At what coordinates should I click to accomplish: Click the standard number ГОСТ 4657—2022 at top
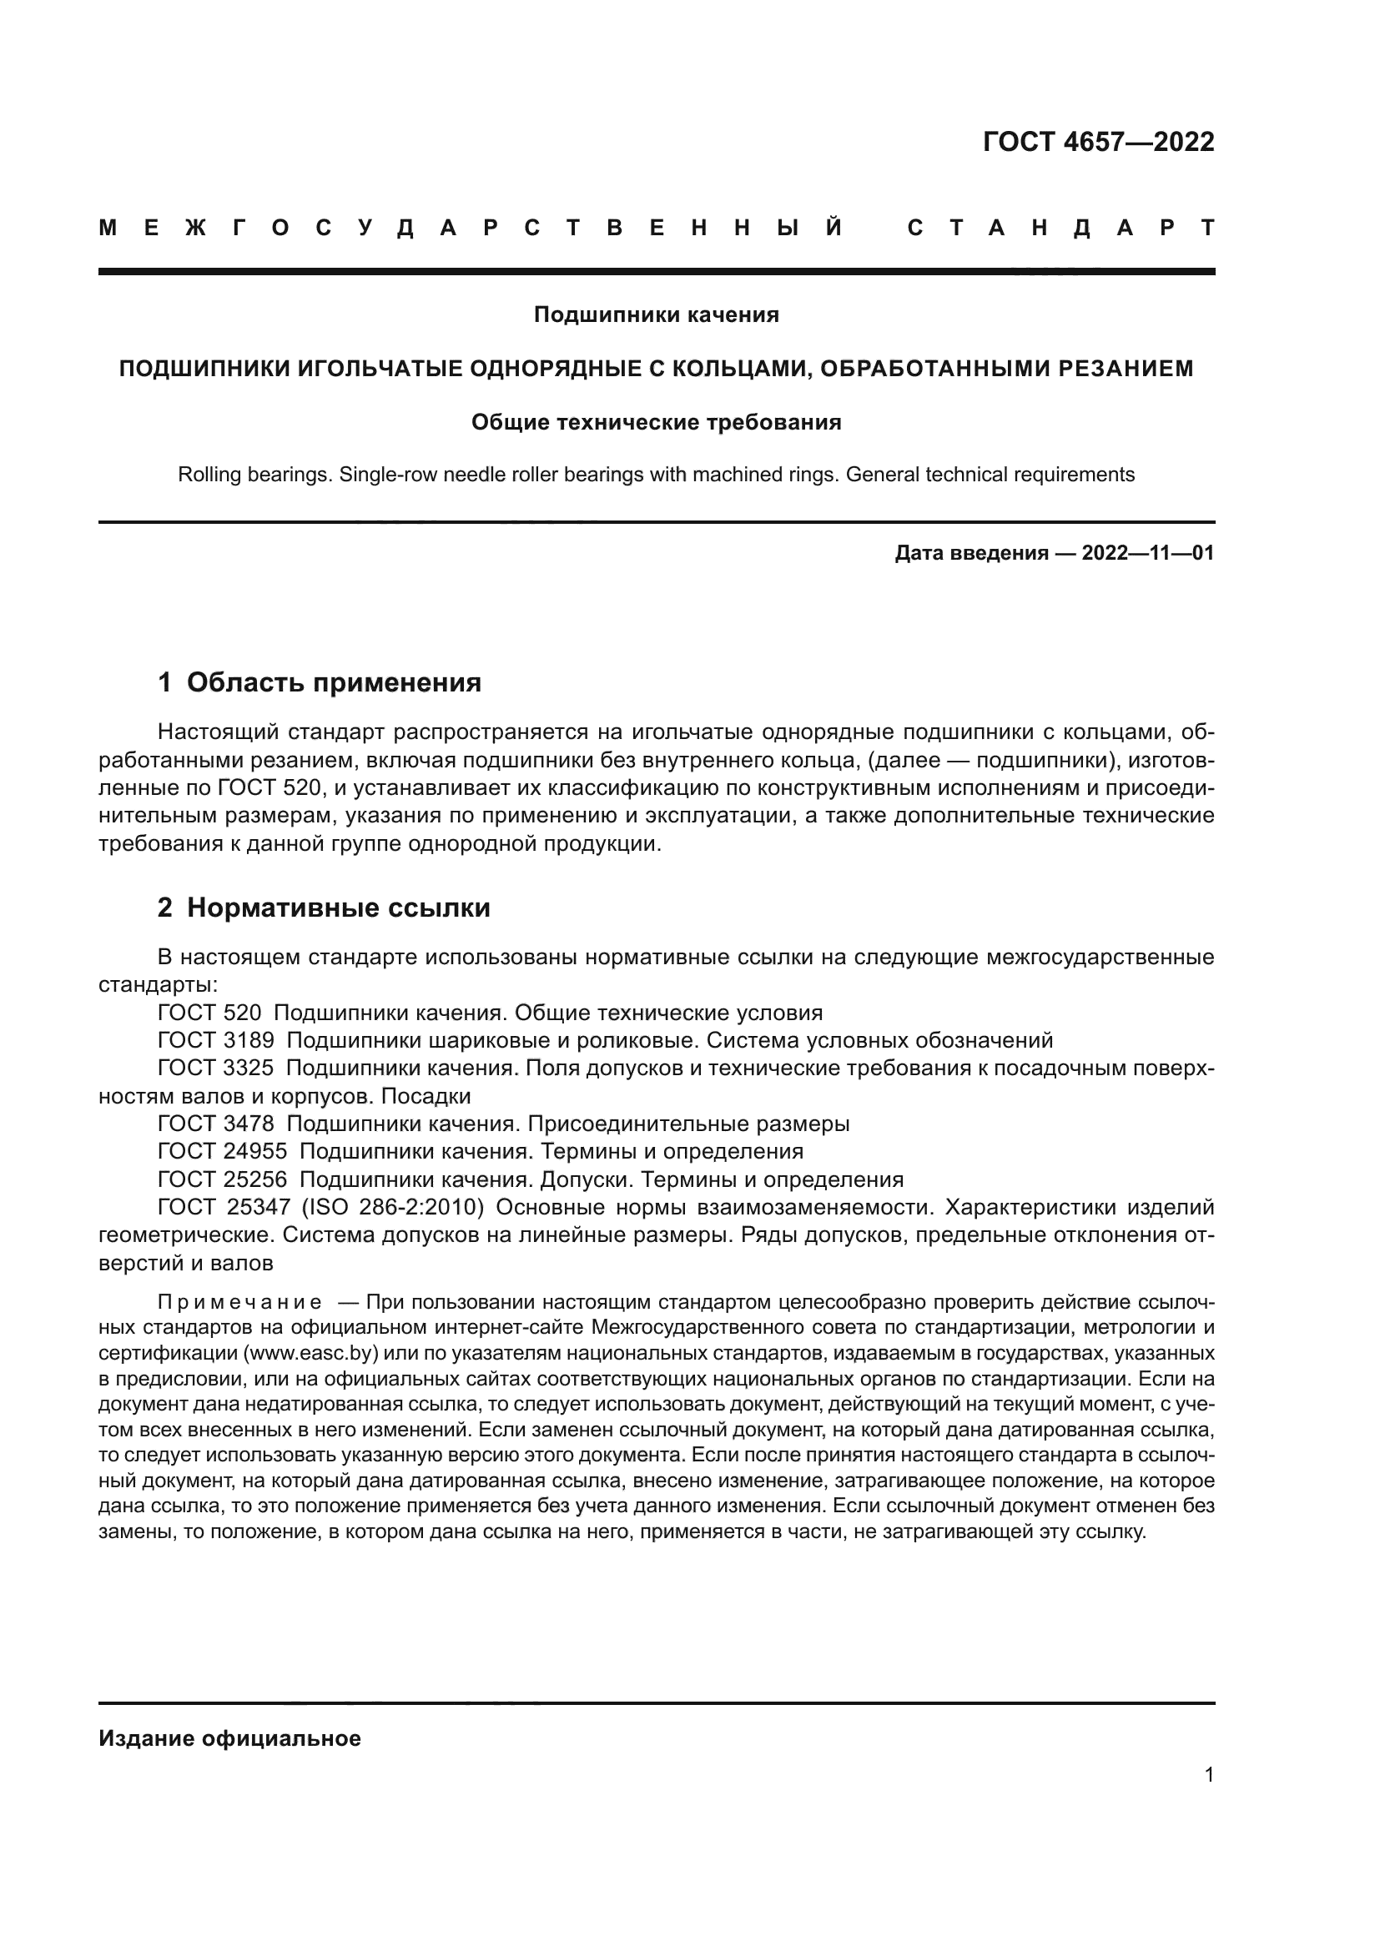click(1098, 142)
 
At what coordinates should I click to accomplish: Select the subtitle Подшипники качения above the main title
click(656, 314)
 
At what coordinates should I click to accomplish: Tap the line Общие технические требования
click(656, 421)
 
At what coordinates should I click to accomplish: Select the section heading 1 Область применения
click(320, 681)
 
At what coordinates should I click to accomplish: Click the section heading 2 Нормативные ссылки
click(324, 908)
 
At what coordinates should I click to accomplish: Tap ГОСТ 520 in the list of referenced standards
click(209, 1013)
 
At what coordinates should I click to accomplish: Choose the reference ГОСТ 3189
click(216, 1040)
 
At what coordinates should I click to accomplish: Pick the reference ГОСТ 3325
click(216, 1069)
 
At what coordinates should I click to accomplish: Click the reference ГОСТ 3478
click(216, 1124)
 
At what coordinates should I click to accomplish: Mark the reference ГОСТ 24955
click(222, 1151)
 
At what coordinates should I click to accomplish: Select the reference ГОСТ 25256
click(222, 1179)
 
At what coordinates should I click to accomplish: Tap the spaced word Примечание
click(239, 1303)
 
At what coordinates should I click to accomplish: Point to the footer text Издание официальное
click(229, 1738)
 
